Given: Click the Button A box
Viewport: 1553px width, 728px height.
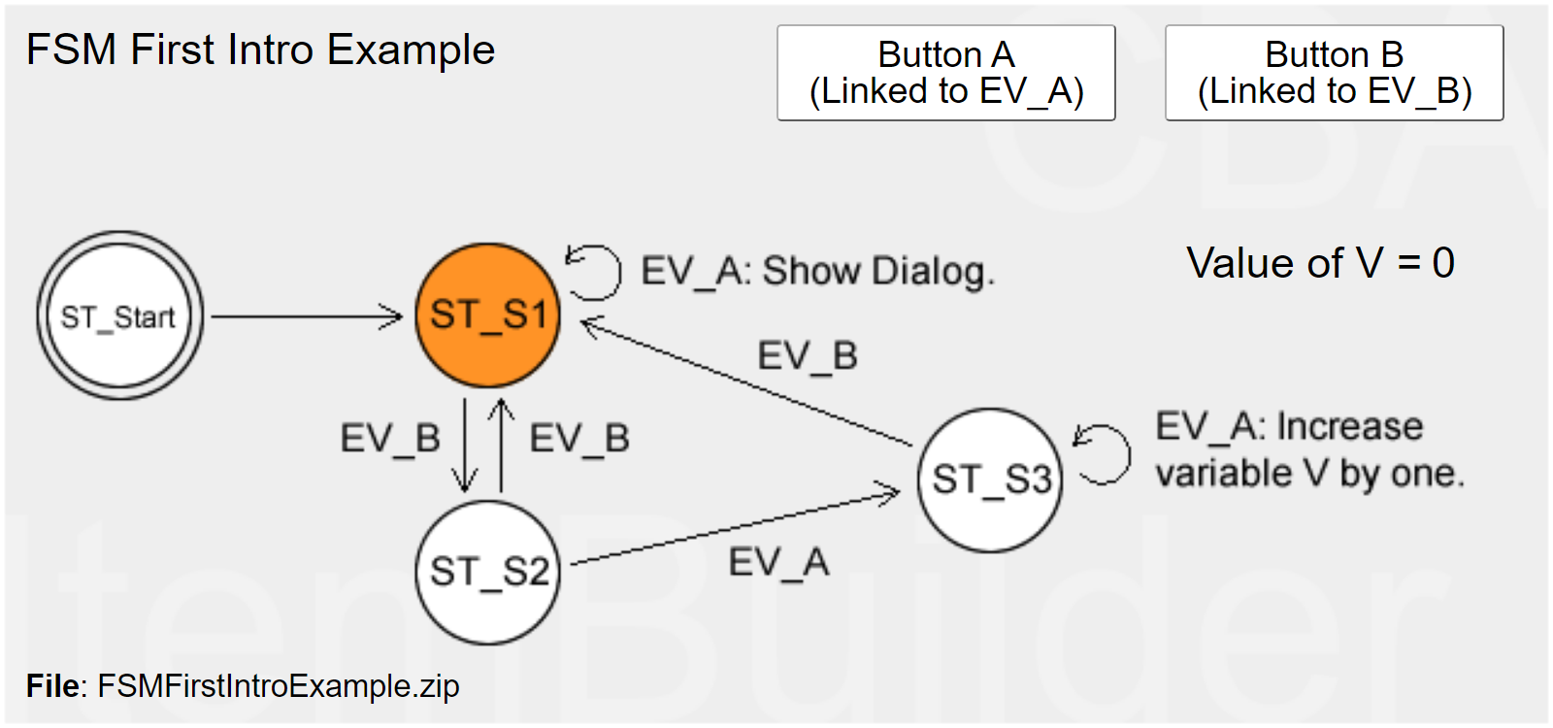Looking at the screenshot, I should pos(945,73).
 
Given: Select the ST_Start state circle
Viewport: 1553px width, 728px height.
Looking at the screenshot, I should pos(119,315).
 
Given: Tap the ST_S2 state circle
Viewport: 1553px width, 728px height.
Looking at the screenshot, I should pos(487,572).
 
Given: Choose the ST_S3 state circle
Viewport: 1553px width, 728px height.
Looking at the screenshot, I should pos(990,480).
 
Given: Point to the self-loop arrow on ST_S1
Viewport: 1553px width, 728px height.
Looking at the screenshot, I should pos(594,271).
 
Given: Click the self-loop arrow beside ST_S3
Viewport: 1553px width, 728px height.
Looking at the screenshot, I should pos(1104,453).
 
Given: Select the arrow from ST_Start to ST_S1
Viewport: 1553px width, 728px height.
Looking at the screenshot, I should pos(306,316).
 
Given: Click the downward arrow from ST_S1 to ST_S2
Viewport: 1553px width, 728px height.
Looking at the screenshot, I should pos(465,443).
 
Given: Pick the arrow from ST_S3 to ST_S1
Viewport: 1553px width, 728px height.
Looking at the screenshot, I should pos(747,382).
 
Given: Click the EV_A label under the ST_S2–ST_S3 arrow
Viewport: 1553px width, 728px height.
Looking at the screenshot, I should pos(778,563).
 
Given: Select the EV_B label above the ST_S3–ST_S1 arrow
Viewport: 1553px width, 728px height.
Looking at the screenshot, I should pos(807,356).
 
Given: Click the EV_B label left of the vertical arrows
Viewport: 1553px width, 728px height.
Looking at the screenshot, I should pos(390,439).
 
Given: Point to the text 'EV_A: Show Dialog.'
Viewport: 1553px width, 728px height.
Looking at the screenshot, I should pos(817,271).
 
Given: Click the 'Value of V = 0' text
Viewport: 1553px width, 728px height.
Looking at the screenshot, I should pos(1320,263).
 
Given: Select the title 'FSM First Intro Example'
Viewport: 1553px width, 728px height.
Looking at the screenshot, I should pos(260,50).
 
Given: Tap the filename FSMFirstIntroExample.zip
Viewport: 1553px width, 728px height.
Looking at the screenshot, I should pos(278,686).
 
